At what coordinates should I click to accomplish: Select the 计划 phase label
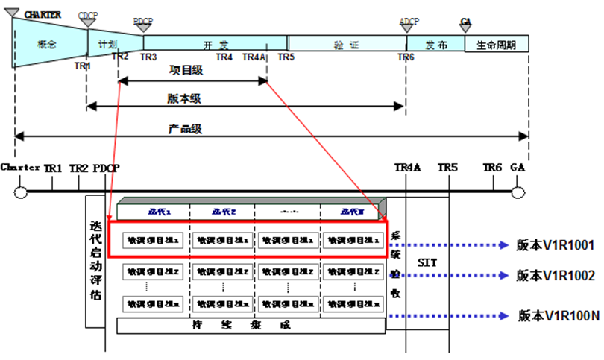102,44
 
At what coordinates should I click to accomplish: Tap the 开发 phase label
212,45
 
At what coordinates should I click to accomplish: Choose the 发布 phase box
435,45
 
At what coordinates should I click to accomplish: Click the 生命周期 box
496,45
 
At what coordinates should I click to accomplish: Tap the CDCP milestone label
88,14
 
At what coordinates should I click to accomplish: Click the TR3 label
148,57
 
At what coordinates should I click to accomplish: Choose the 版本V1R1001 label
556,244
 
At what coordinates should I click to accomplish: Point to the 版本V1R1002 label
556,275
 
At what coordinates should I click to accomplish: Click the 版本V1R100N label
559,315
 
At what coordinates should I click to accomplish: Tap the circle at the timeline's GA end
518,192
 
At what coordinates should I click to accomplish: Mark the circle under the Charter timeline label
21,192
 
